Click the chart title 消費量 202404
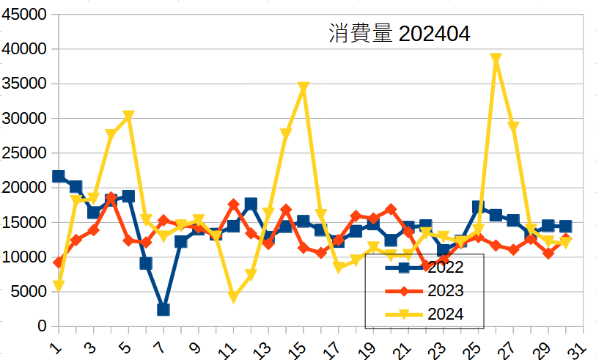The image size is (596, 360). click(398, 34)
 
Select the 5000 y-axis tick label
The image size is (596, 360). click(30, 292)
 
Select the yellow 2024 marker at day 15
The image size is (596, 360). click(303, 87)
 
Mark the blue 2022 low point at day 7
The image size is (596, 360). click(163, 309)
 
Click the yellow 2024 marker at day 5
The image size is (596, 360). click(128, 116)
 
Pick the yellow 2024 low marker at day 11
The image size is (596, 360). click(234, 297)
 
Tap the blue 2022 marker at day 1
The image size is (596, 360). click(59, 176)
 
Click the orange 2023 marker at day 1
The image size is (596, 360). click(59, 262)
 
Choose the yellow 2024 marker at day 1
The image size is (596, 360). click(59, 286)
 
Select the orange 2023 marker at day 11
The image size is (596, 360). click(234, 205)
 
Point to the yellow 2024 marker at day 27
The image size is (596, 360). click(513, 127)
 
